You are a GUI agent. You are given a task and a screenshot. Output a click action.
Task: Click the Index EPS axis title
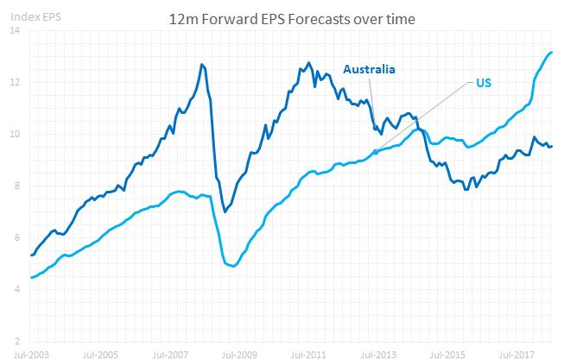(x=28, y=15)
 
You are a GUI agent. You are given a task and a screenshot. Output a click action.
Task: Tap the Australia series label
(x=369, y=69)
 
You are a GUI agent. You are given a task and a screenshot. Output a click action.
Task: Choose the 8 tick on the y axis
(x=17, y=186)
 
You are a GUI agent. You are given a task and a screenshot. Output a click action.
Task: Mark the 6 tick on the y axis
(x=17, y=237)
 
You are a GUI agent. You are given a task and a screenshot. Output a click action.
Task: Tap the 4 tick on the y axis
(x=17, y=289)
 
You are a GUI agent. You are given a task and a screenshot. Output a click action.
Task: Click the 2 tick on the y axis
(x=17, y=340)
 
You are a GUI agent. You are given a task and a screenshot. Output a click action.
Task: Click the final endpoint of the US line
(x=552, y=53)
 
